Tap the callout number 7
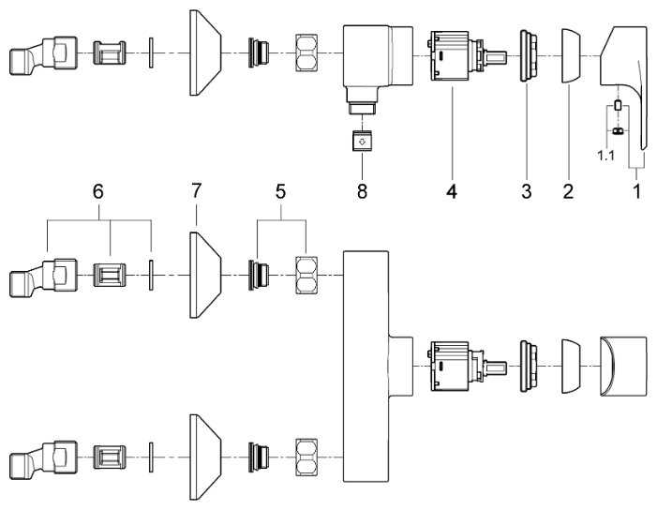(195, 191)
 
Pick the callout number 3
(526, 191)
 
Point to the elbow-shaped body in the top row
(375, 61)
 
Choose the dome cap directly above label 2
(570, 58)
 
